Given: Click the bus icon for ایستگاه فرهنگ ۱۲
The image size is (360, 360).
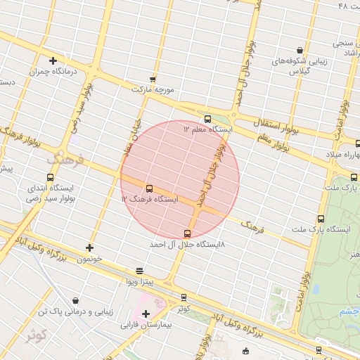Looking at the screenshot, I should click(x=149, y=188).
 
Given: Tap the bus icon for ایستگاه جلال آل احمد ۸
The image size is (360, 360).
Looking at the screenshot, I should click(x=187, y=233).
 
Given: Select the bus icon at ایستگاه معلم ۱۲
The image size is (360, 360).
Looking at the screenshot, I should click(x=207, y=119).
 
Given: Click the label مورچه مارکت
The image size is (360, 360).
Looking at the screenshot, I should click(x=153, y=89).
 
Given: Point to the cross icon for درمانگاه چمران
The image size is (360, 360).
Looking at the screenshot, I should click(x=53, y=60).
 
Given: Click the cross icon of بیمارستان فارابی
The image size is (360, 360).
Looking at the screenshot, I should click(x=146, y=314).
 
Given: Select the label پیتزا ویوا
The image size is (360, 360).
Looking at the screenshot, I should click(x=140, y=283).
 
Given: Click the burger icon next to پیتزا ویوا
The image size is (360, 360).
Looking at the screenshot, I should click(x=140, y=271).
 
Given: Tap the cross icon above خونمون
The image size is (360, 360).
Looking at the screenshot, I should click(x=89, y=247).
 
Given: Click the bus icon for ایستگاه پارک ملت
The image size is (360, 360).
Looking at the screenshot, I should click(x=321, y=219).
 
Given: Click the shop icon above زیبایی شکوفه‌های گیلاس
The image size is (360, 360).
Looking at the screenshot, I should click(x=300, y=51).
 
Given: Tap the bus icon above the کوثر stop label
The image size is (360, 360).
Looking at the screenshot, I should click(x=184, y=297).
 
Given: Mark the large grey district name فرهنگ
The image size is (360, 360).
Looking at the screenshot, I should click(x=65, y=160).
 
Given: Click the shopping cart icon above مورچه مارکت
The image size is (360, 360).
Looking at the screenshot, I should click(x=153, y=79).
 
